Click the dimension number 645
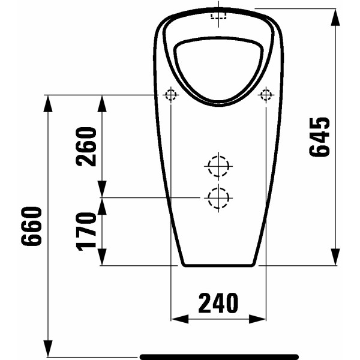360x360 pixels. [320, 137]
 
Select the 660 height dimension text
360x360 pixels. [32, 226]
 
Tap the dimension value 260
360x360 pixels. [86, 146]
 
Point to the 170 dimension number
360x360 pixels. [86, 230]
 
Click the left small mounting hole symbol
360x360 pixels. [171, 95]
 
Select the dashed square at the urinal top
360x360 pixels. [218, 16]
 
